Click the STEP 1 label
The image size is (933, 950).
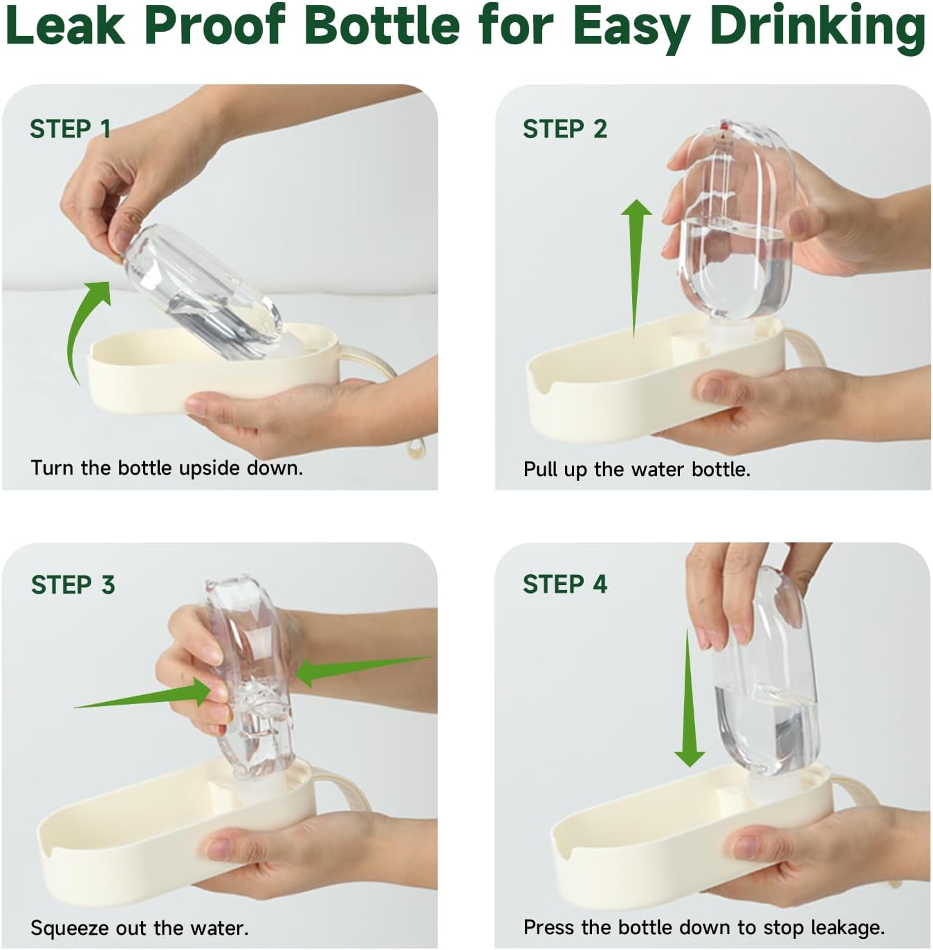point(70,129)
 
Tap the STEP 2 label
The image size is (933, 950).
point(565,129)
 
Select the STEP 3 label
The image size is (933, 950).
point(73,585)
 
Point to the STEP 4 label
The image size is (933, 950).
point(565,585)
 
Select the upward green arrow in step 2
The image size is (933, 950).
point(636,269)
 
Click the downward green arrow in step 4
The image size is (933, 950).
point(689,698)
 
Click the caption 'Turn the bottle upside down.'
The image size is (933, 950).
point(167,468)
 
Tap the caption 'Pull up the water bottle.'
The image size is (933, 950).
point(637,469)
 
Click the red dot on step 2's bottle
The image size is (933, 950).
point(723,126)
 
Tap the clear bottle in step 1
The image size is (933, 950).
point(202,291)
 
